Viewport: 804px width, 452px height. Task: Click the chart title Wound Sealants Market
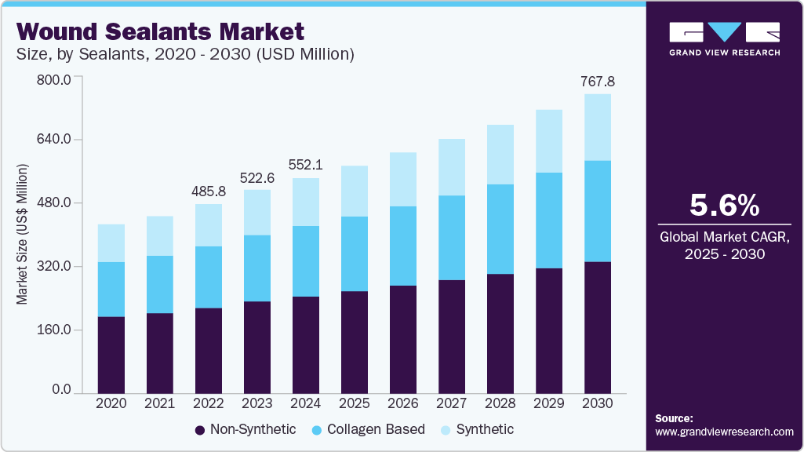(x=160, y=32)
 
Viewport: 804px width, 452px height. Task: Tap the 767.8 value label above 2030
(x=597, y=82)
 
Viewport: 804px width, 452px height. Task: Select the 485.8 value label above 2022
(x=209, y=191)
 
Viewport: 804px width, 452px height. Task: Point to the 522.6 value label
(x=257, y=177)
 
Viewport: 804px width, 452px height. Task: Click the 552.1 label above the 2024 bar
(x=306, y=166)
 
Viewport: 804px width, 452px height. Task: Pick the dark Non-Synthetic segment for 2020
(x=111, y=355)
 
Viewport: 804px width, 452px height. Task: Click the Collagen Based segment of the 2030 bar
(x=597, y=211)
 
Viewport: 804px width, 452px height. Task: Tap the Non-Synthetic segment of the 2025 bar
(x=355, y=342)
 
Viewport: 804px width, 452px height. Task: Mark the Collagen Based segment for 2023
(x=257, y=268)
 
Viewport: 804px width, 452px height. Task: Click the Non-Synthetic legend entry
(x=245, y=429)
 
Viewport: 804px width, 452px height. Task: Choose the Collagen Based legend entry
(x=368, y=429)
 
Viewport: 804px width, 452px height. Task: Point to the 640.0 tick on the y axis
(x=55, y=140)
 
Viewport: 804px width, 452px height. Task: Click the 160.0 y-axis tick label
(x=55, y=330)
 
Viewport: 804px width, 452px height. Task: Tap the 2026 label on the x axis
(x=403, y=403)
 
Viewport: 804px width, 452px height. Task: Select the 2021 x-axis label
(x=160, y=403)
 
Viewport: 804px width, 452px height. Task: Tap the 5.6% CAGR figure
(x=724, y=206)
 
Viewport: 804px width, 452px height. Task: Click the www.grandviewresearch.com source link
(x=724, y=432)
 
